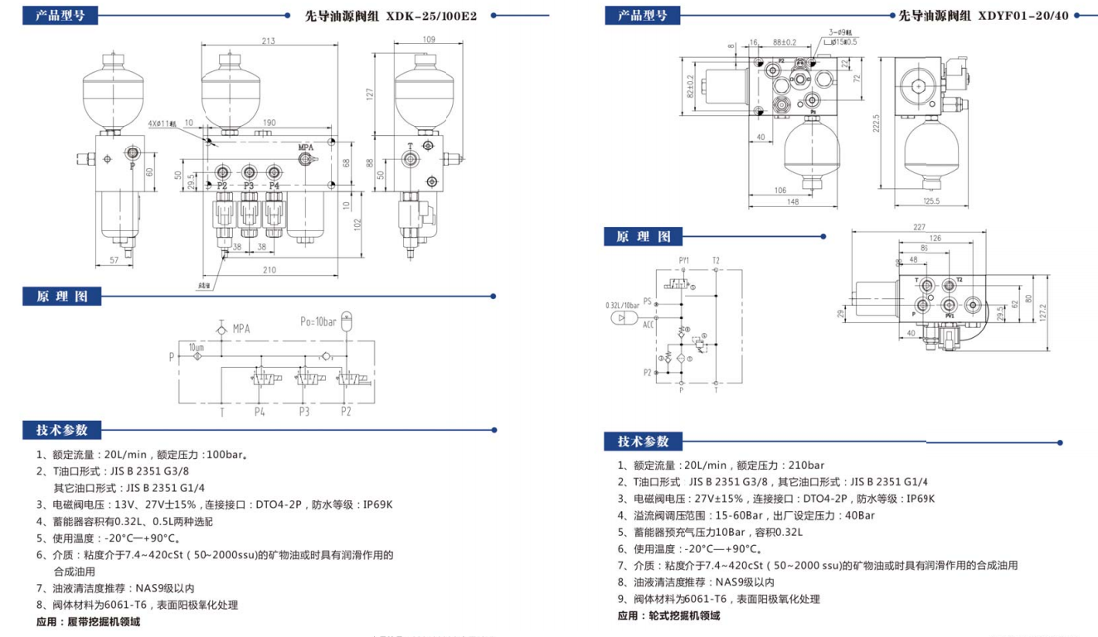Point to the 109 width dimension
coord(428,40)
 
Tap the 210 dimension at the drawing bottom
coord(269,269)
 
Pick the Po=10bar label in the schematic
coord(318,321)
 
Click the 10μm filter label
coord(196,346)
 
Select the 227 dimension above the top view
coord(918,228)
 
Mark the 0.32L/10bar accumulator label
coord(622,305)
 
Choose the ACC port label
coord(648,325)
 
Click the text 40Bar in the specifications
coord(860,515)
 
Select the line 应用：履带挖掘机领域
coord(89,621)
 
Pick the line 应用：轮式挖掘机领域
coord(668,615)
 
